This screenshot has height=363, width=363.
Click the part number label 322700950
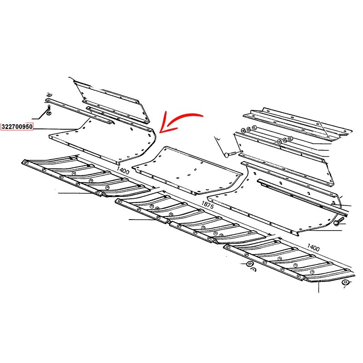[x=17, y=127]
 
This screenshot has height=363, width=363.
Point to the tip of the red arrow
[x=160, y=132]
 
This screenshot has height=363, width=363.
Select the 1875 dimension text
[x=207, y=205]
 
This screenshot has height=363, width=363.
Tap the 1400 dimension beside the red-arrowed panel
[x=123, y=171]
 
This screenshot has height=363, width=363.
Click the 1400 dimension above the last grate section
[x=313, y=247]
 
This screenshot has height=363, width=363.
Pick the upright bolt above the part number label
[x=49, y=110]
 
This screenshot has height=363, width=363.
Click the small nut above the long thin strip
[x=49, y=94]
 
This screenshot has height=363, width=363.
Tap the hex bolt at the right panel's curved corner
[x=338, y=221]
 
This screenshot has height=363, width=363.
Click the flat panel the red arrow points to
[x=102, y=141]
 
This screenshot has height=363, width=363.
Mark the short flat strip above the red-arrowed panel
[x=100, y=115]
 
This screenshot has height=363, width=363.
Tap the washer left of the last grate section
[x=249, y=264]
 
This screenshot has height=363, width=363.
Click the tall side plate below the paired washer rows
[x=284, y=157]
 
